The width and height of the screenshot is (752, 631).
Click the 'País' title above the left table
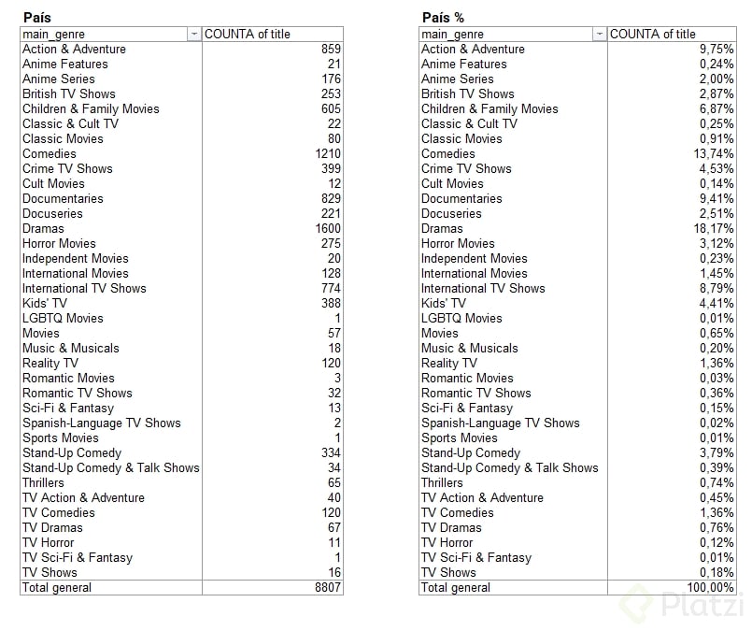[36, 18]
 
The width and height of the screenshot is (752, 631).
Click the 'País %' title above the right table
[443, 18]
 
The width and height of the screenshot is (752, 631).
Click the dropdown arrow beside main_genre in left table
[193, 35]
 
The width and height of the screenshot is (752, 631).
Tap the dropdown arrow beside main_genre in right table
[599, 35]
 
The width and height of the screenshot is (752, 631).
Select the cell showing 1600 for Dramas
[328, 229]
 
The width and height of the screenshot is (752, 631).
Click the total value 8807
[328, 588]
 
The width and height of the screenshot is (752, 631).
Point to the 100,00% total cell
[710, 588]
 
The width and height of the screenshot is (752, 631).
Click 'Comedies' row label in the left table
[50, 154]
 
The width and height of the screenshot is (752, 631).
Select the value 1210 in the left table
[328, 154]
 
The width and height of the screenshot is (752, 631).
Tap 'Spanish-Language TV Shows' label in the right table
[500, 423]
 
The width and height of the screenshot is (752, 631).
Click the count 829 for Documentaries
[331, 199]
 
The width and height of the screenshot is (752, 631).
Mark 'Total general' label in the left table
[57, 588]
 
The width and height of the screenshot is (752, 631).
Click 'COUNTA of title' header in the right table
[653, 35]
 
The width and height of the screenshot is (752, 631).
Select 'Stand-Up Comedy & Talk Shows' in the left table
[110, 468]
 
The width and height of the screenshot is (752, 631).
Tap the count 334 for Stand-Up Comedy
[331, 453]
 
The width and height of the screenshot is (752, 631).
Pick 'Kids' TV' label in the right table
[443, 304]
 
